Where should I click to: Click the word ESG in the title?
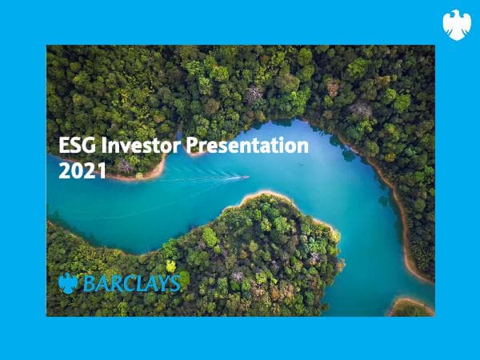click(x=75, y=146)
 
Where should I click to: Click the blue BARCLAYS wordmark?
click(x=128, y=283)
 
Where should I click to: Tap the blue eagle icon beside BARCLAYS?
click(x=68, y=283)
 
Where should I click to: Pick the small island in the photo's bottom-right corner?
click(x=411, y=307)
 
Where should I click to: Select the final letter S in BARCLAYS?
click(x=174, y=283)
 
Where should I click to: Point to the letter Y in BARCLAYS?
click(x=160, y=283)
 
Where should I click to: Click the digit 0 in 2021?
click(x=73, y=170)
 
